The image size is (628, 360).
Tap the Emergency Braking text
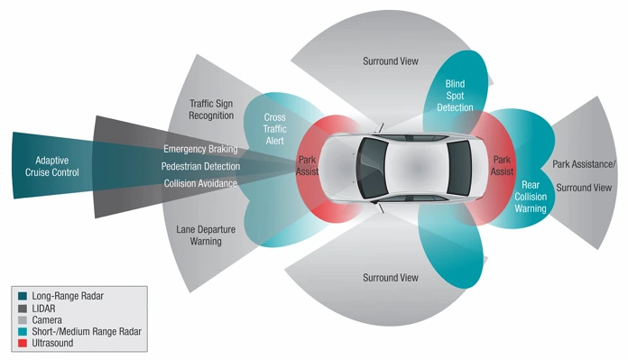(200, 149)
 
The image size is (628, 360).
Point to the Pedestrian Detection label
(200, 166)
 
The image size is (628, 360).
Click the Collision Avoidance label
(200, 183)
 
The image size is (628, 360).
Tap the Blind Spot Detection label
(455, 95)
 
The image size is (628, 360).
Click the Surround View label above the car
(389, 61)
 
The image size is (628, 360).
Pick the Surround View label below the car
(389, 277)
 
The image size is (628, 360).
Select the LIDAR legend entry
(45, 308)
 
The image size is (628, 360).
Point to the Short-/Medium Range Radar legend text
(87, 331)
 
